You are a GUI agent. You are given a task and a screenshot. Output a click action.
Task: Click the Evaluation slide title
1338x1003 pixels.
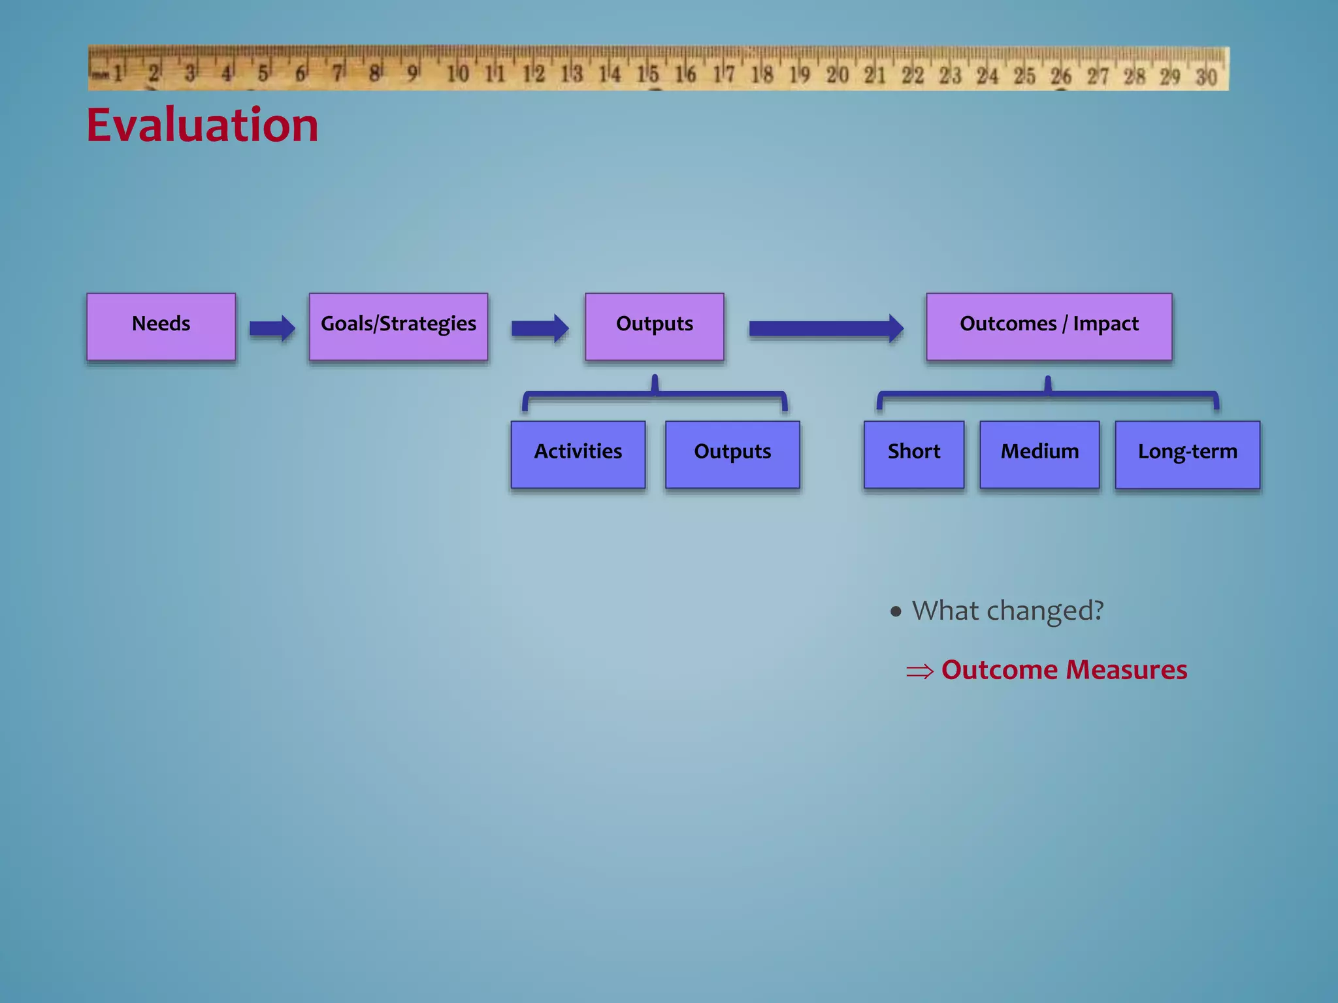(203, 125)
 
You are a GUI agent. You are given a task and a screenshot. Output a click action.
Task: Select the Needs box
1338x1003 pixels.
(161, 326)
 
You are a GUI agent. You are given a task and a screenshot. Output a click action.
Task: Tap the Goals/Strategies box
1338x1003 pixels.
(399, 326)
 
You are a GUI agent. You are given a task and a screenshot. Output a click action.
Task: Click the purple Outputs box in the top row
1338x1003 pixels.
(654, 326)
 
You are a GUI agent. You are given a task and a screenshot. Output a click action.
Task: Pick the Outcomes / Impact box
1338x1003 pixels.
(1049, 326)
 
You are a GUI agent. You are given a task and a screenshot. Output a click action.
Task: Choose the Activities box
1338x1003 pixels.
(578, 454)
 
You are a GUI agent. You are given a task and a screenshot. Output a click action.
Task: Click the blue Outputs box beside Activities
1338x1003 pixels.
(732, 454)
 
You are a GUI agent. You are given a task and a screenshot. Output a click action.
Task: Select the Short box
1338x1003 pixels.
(913, 454)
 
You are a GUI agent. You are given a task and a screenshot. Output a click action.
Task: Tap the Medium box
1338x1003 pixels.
(1039, 454)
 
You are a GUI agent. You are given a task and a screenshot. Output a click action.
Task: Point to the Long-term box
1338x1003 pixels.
(1187, 454)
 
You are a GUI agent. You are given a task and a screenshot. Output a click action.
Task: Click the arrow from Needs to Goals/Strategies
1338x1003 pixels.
(272, 328)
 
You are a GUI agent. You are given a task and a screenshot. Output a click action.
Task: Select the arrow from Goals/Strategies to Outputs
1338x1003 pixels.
(539, 328)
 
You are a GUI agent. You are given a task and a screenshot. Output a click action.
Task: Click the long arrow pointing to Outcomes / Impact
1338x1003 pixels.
(826, 328)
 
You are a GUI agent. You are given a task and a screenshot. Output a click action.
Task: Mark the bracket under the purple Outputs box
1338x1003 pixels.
(654, 394)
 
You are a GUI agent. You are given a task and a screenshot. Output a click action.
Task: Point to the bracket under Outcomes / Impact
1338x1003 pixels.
(1047, 394)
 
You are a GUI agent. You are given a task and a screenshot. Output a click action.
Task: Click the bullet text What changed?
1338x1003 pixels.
(1007, 611)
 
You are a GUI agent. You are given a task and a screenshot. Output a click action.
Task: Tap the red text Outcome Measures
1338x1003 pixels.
(1064, 670)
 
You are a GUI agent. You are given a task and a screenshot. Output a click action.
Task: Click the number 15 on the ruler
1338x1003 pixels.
(647, 74)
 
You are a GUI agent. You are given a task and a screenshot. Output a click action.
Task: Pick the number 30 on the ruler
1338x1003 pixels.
(1206, 77)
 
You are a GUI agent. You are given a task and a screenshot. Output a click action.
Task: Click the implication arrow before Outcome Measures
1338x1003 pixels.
(920, 671)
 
